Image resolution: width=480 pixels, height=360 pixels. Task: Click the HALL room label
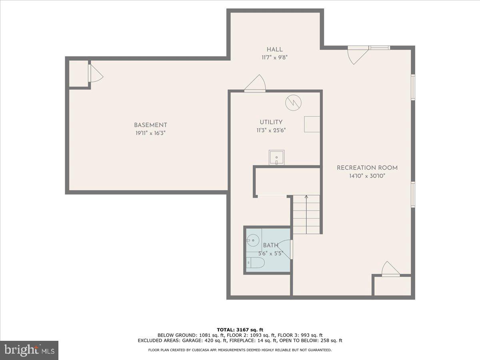pos(274,50)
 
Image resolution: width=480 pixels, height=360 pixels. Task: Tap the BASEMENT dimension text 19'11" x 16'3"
pos(150,133)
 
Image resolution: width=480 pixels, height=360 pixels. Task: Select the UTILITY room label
pos(271,122)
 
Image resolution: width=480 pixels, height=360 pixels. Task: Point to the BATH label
pos(270,245)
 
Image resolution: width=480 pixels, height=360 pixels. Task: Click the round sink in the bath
pos(252,240)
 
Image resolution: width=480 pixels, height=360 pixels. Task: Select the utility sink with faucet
pos(276,157)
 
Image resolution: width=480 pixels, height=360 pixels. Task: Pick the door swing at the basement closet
pos(95,73)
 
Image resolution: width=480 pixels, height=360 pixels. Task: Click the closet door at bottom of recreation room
pos(390,269)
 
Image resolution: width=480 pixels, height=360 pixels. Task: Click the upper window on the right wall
pos(413,87)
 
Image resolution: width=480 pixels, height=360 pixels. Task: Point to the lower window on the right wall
pos(413,194)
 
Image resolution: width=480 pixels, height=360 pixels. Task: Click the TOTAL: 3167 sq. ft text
pos(240,330)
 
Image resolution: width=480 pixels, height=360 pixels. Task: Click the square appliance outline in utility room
pos(312,124)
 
